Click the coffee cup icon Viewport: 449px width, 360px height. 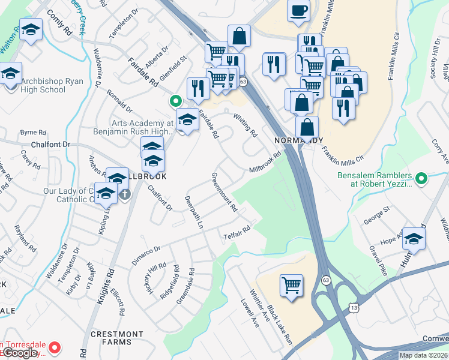[x=298, y=11]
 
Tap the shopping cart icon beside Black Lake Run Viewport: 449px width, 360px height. [x=291, y=285]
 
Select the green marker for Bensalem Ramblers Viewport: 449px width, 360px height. [x=421, y=178]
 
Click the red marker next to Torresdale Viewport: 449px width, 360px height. [x=54, y=347]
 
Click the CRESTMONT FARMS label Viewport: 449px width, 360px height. [x=117, y=338]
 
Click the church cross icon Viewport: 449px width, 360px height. [x=125, y=194]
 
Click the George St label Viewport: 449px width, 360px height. [x=376, y=215]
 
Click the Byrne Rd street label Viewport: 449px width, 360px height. [x=33, y=132]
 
